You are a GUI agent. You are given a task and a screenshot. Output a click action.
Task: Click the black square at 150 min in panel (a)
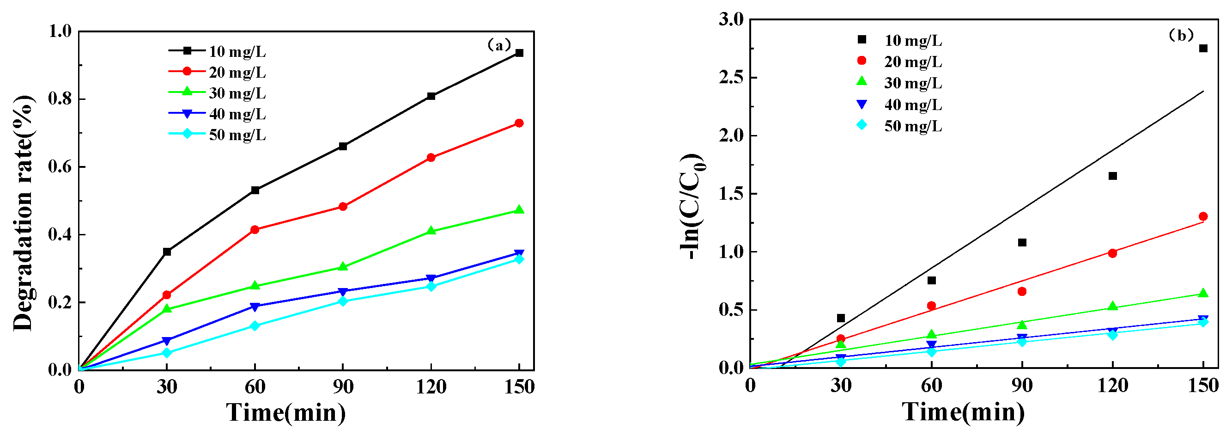519,53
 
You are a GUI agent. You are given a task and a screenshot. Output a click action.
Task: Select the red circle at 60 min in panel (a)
255,230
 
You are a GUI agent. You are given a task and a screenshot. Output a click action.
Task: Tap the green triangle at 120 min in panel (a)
431,231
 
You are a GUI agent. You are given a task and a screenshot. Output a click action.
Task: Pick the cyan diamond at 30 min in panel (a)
167,353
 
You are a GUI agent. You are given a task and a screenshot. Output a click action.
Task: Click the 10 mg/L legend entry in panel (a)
218,51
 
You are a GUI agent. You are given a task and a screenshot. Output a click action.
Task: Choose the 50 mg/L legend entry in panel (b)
899,126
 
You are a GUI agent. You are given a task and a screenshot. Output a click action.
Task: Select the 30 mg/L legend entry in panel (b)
899,83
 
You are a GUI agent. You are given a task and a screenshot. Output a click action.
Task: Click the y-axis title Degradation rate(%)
23,213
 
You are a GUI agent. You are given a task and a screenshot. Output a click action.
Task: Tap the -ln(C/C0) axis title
692,207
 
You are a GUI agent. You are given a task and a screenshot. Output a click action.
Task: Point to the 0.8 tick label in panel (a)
60,99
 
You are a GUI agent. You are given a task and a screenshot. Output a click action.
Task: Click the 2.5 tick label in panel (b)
731,78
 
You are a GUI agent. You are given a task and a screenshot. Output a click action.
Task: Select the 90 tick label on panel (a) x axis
343,387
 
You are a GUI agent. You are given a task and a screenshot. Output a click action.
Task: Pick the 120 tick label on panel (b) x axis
1112,385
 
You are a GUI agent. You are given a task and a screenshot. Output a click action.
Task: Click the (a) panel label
499,45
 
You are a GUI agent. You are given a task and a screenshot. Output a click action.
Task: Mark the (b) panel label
1181,36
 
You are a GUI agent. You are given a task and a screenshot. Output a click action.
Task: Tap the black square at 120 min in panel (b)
1112,176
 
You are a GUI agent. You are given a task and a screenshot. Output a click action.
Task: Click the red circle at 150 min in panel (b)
1203,216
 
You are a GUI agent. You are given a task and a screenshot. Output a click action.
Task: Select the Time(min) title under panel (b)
963,412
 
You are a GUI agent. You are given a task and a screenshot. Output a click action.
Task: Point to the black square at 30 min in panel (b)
841,318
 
